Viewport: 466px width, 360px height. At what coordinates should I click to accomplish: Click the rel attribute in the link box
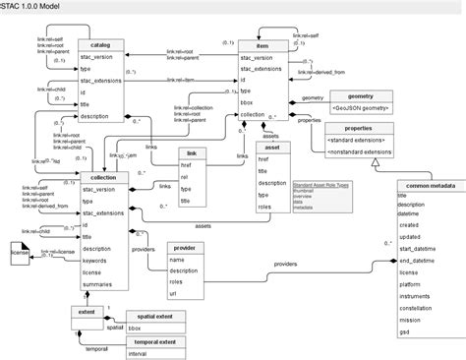click(187, 178)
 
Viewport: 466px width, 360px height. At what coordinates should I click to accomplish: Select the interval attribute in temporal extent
click(140, 352)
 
